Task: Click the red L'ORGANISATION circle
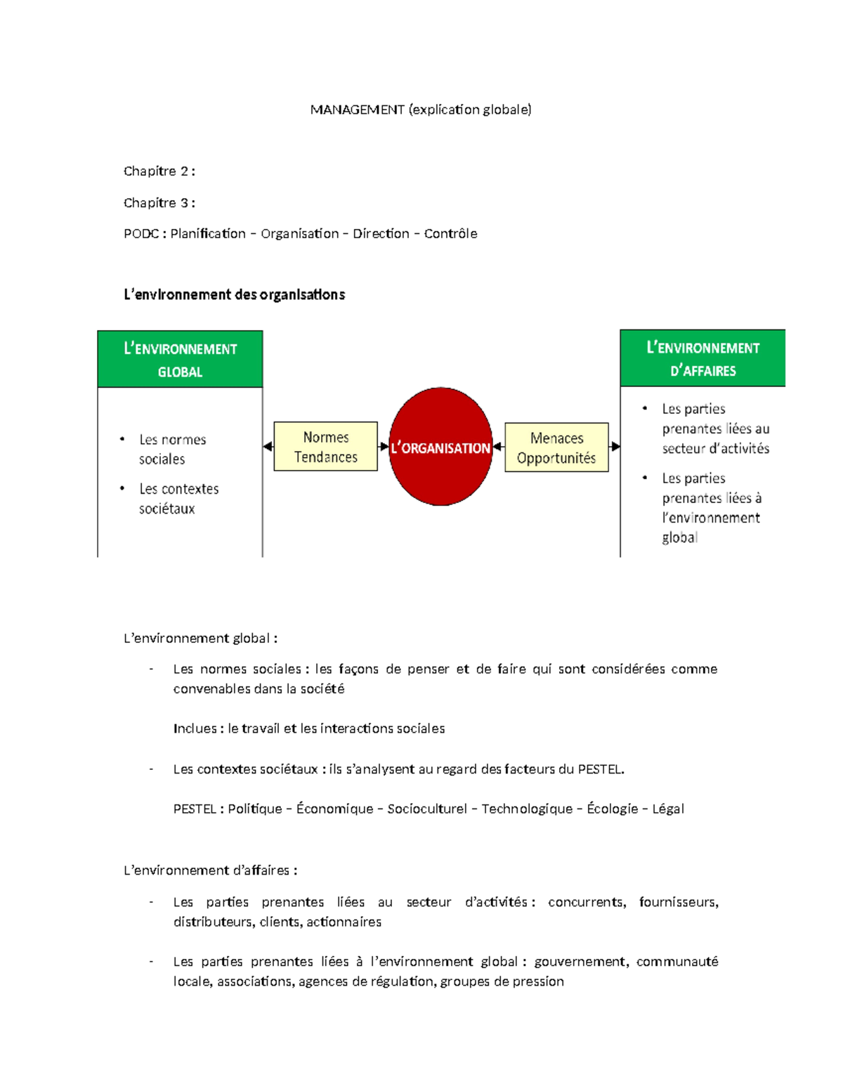click(440, 446)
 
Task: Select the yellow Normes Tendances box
click(325, 446)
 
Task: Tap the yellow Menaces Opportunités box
click(556, 447)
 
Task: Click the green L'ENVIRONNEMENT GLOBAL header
click(180, 359)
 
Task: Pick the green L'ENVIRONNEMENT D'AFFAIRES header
click(702, 358)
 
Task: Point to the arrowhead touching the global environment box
click(268, 446)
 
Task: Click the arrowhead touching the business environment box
click(615, 446)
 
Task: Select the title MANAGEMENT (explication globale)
click(421, 110)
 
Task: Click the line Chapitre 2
click(159, 171)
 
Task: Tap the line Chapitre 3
click(159, 203)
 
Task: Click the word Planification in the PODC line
click(208, 234)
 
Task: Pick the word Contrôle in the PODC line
click(450, 234)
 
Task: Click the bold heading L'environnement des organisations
click(234, 295)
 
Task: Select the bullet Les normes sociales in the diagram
click(172, 449)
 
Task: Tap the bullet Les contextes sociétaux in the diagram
click(178, 498)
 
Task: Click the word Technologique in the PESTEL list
click(527, 809)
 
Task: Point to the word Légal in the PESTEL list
click(667, 809)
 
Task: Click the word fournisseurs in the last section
click(678, 902)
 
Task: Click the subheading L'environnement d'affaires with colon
click(210, 870)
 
